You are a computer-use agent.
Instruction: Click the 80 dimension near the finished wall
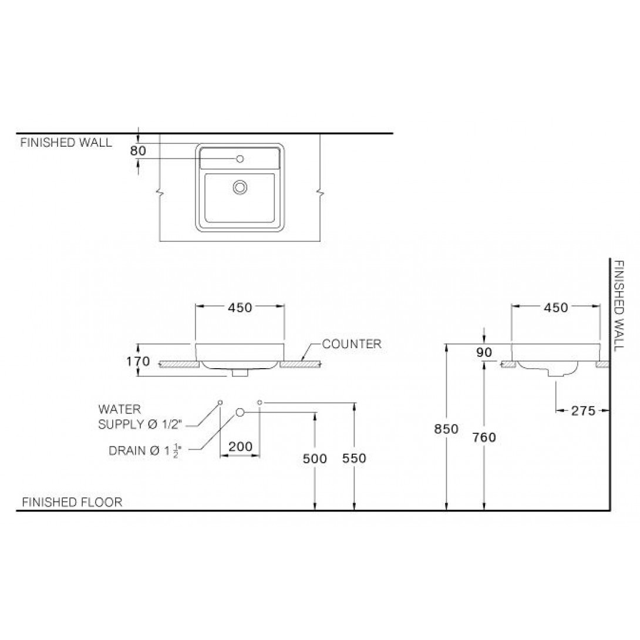[138, 151]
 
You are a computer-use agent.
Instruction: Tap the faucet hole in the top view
[240, 159]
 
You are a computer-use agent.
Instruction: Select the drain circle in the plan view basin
[240, 187]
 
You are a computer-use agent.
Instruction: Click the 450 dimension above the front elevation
[240, 307]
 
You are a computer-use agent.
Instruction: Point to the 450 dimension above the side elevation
[556, 307]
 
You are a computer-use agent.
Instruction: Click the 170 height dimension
[138, 361]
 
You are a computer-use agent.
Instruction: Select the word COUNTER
[352, 344]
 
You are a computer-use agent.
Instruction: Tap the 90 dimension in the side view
[484, 352]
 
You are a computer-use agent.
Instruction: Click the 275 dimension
[583, 410]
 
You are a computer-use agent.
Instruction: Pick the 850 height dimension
[446, 429]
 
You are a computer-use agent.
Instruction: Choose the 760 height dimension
[484, 437]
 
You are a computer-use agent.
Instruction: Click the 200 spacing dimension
[240, 446]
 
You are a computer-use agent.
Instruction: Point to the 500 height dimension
[315, 459]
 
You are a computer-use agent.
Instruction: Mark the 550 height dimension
[354, 458]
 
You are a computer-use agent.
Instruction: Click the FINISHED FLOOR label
[72, 502]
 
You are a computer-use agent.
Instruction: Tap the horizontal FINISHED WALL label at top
[66, 143]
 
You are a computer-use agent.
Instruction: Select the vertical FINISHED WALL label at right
[619, 305]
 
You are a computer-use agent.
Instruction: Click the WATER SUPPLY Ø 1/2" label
[140, 417]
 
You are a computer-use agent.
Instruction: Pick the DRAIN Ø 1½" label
[145, 450]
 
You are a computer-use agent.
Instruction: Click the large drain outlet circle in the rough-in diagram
[240, 413]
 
